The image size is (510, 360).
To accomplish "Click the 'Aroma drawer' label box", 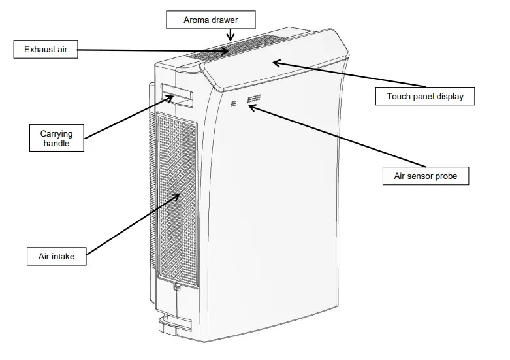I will pos(210,20).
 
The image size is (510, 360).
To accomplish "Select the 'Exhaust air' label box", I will pos(46,49).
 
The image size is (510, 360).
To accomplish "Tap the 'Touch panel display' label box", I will pos(425,96).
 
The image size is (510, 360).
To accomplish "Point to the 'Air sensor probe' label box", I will pos(426,176).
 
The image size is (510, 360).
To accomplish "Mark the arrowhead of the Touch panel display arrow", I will pos(275,62).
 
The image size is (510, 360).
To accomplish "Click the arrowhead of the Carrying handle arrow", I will pos(172,97).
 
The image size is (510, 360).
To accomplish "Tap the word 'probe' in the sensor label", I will pos(445,176).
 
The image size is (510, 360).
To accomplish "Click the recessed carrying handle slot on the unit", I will pos(177,96).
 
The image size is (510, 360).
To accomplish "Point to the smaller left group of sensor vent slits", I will pos(234,103).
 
